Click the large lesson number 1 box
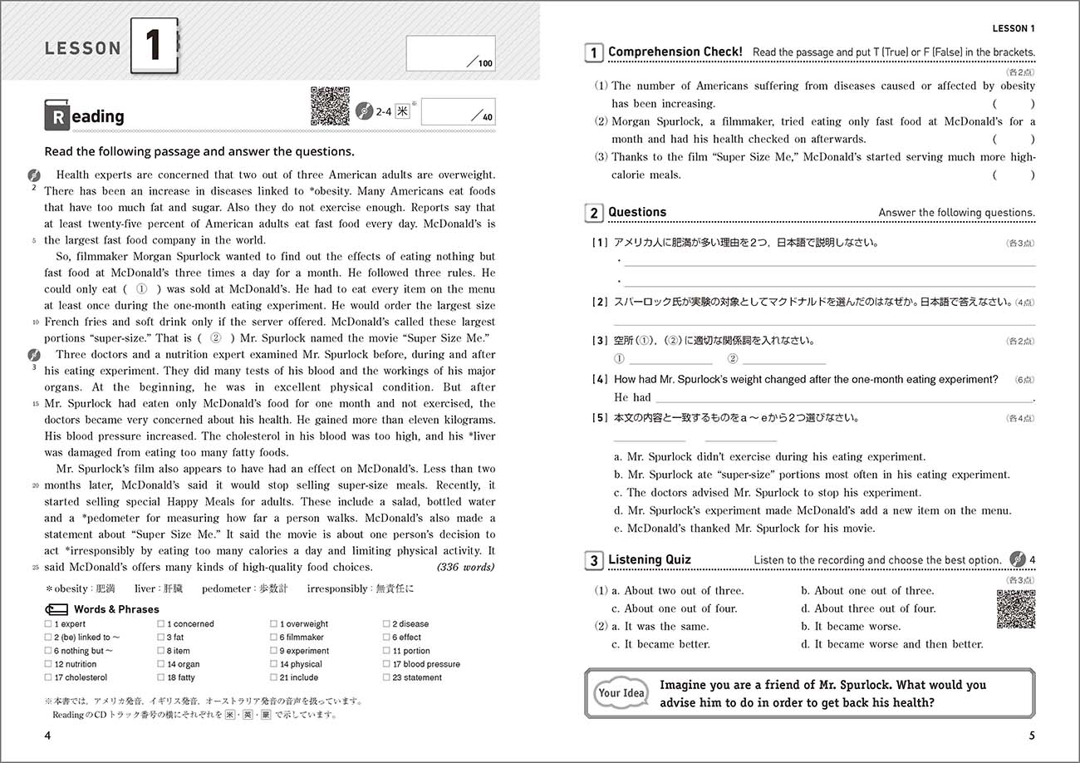(x=154, y=47)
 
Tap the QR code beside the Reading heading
(x=330, y=106)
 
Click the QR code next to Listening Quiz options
(x=1016, y=609)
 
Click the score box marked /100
(x=450, y=53)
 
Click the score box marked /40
(x=457, y=111)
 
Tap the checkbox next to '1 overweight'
(x=273, y=624)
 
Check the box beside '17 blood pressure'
(x=386, y=665)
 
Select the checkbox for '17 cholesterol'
(x=48, y=678)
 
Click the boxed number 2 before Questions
(x=593, y=214)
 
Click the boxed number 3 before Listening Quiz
(x=593, y=561)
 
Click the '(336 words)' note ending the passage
(x=465, y=568)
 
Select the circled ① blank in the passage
(x=141, y=289)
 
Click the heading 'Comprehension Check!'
(x=675, y=52)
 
